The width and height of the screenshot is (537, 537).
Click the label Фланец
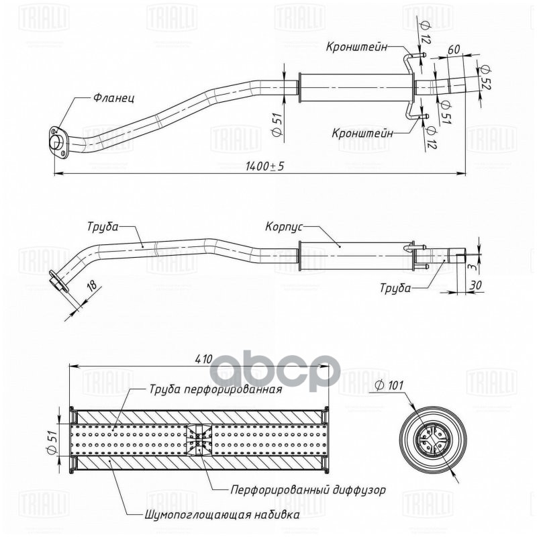coord(113,98)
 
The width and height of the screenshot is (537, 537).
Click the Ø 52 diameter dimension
coord(484,78)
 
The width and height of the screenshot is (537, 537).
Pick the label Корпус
coord(285,227)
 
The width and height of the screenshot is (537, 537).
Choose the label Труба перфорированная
coord(215,388)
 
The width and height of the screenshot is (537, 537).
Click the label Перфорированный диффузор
coord(308,490)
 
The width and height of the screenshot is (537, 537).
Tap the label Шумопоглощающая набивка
coord(222,516)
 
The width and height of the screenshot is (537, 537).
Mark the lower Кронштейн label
coord(363,132)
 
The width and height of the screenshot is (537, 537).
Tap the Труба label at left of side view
coord(102,226)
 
